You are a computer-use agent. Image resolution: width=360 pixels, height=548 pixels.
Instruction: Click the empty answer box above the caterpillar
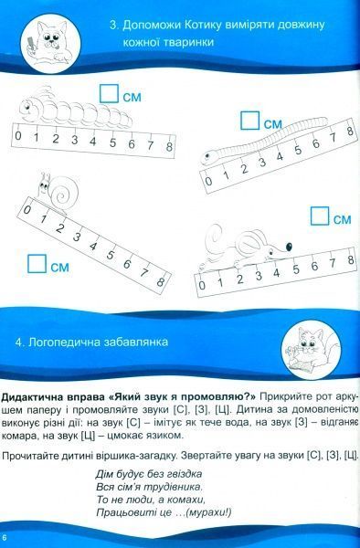(x=110, y=91)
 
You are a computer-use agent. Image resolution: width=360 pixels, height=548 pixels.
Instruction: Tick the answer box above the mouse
(x=320, y=216)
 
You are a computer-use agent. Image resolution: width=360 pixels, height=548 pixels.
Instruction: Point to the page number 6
(x=7, y=534)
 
